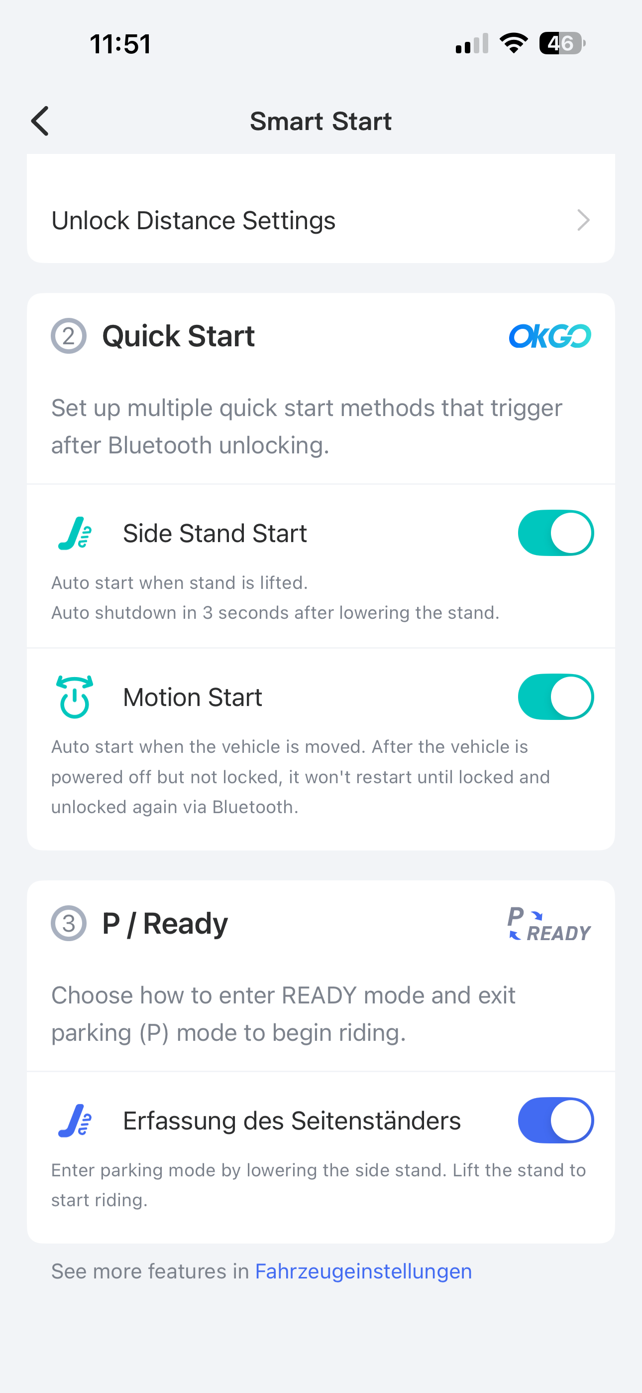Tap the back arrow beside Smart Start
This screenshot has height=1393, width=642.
click(x=39, y=121)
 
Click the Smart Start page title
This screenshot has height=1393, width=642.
click(x=321, y=121)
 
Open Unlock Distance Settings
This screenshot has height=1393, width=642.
click(x=194, y=220)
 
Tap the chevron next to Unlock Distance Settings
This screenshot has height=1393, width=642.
click(x=583, y=220)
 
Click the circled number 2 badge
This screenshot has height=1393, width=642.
click(x=69, y=336)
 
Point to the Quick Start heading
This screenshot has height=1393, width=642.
click(x=178, y=336)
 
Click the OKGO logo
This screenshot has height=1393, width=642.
click(x=550, y=336)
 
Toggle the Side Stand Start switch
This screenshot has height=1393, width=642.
click(x=555, y=533)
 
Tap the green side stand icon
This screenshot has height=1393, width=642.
click(x=75, y=533)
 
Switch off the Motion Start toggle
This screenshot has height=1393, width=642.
click(x=555, y=696)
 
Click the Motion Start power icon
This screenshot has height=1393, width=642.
click(x=75, y=697)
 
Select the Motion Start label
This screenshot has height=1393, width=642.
click(x=193, y=697)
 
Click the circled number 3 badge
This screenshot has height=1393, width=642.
click(x=69, y=923)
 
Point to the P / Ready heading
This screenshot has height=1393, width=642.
click(x=165, y=923)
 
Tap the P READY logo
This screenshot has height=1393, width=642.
click(x=549, y=924)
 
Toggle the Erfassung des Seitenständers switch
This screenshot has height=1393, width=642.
click(x=555, y=1120)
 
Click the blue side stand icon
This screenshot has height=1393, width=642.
click(x=75, y=1120)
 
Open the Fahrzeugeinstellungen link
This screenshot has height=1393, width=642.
click(x=363, y=1271)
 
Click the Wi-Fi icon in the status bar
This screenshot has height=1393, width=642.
click(x=514, y=43)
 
